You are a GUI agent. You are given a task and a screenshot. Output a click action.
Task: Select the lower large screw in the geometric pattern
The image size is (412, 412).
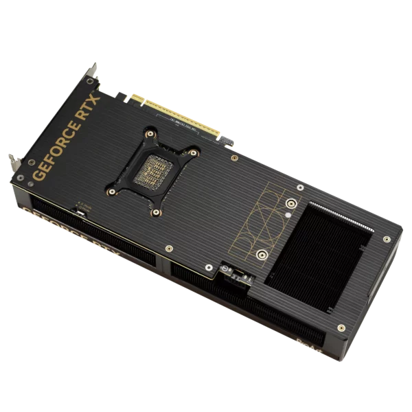point(260,255)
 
